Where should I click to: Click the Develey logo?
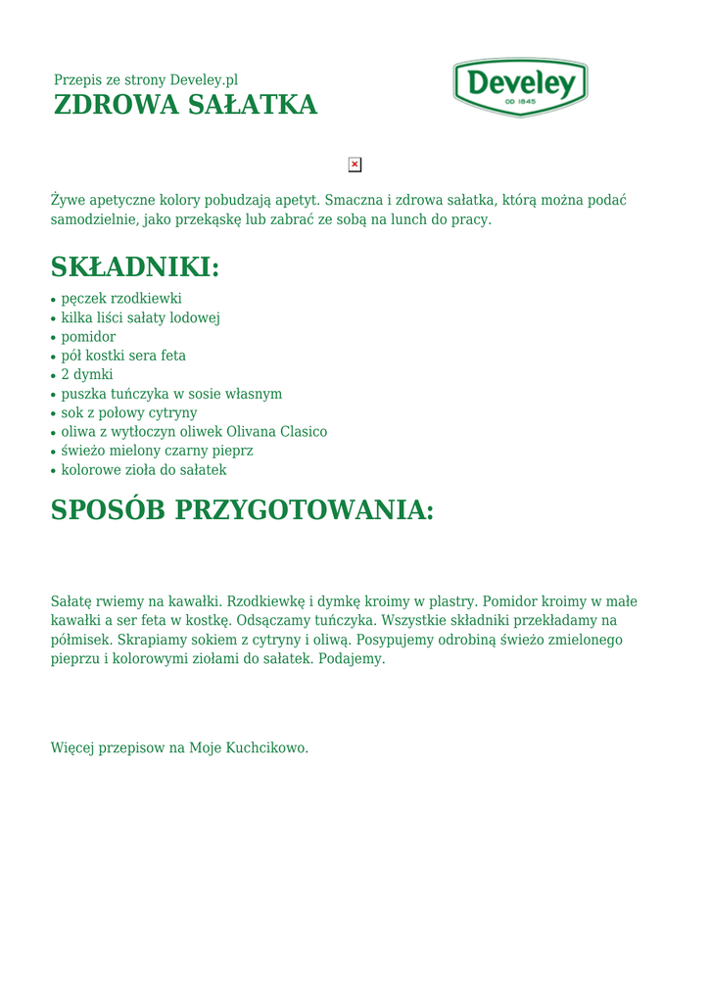pyautogui.click(x=520, y=87)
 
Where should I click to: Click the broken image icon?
pyautogui.click(x=355, y=165)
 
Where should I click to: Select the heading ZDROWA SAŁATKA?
pyautogui.click(x=185, y=105)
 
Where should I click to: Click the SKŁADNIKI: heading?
pyautogui.click(x=135, y=266)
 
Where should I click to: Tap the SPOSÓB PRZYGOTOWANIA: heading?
pyautogui.click(x=242, y=510)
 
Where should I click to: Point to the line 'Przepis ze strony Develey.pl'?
pyautogui.click(x=146, y=79)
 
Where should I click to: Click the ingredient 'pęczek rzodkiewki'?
pyautogui.click(x=121, y=299)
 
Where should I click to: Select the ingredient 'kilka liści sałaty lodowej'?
pyautogui.click(x=141, y=317)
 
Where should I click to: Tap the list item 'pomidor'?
pyautogui.click(x=88, y=337)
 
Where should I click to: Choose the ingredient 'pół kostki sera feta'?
pyautogui.click(x=123, y=356)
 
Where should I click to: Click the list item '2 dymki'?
pyautogui.click(x=87, y=374)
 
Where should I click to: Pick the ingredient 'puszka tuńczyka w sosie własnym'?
pyautogui.click(x=171, y=394)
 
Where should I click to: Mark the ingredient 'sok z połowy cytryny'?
pyautogui.click(x=129, y=412)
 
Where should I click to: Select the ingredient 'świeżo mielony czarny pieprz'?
pyautogui.click(x=157, y=451)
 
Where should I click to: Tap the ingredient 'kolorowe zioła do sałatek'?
pyautogui.click(x=144, y=470)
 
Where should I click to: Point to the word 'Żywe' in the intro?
pyautogui.click(x=68, y=201)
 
